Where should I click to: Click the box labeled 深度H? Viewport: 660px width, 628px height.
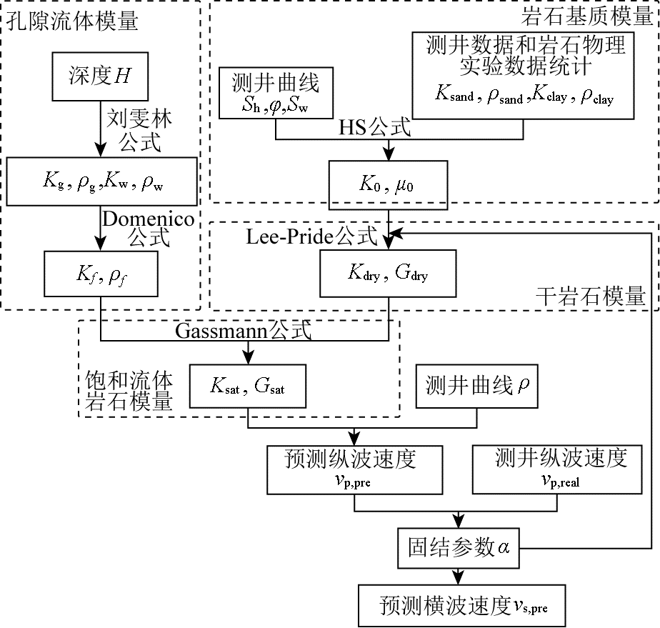click(x=100, y=76)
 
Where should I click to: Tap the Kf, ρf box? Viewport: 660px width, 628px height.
click(x=100, y=273)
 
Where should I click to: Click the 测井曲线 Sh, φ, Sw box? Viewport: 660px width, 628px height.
click(x=276, y=94)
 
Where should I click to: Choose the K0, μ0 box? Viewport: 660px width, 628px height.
click(x=388, y=184)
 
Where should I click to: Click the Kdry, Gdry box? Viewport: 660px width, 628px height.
click(x=388, y=273)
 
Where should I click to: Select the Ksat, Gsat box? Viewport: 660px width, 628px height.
click(x=248, y=387)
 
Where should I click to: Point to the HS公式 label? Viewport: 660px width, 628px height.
click(x=375, y=128)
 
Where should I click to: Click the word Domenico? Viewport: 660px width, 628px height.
click(x=148, y=219)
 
